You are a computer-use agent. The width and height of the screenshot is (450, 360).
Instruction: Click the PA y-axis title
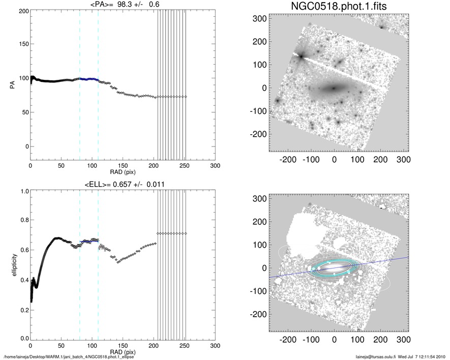click(x=12, y=85)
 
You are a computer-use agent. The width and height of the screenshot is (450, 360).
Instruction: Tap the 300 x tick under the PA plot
click(x=216, y=166)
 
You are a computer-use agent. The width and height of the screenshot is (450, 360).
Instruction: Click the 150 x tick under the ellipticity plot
click(x=123, y=345)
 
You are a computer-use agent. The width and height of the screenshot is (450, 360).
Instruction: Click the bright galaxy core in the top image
click(x=334, y=88)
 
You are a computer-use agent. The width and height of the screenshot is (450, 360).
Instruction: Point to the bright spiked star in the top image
click(x=301, y=56)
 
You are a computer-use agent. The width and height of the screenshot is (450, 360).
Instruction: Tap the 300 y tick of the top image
click(x=260, y=19)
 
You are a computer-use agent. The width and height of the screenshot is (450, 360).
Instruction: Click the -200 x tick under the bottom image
click(x=288, y=337)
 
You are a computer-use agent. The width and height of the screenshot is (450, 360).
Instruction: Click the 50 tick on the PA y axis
click(x=23, y=112)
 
